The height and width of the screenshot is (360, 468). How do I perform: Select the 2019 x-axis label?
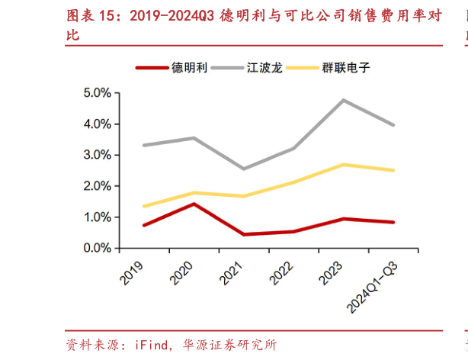click(134, 271)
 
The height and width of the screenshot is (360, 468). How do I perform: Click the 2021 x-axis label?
click(234, 271)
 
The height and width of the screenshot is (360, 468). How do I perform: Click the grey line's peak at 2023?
click(345, 100)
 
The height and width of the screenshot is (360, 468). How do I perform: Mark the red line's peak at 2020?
click(194, 204)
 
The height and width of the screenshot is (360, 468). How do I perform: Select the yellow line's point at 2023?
click(345, 165)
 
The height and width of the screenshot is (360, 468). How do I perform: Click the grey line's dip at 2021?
click(244, 169)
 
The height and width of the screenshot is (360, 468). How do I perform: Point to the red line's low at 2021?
click(244, 234)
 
